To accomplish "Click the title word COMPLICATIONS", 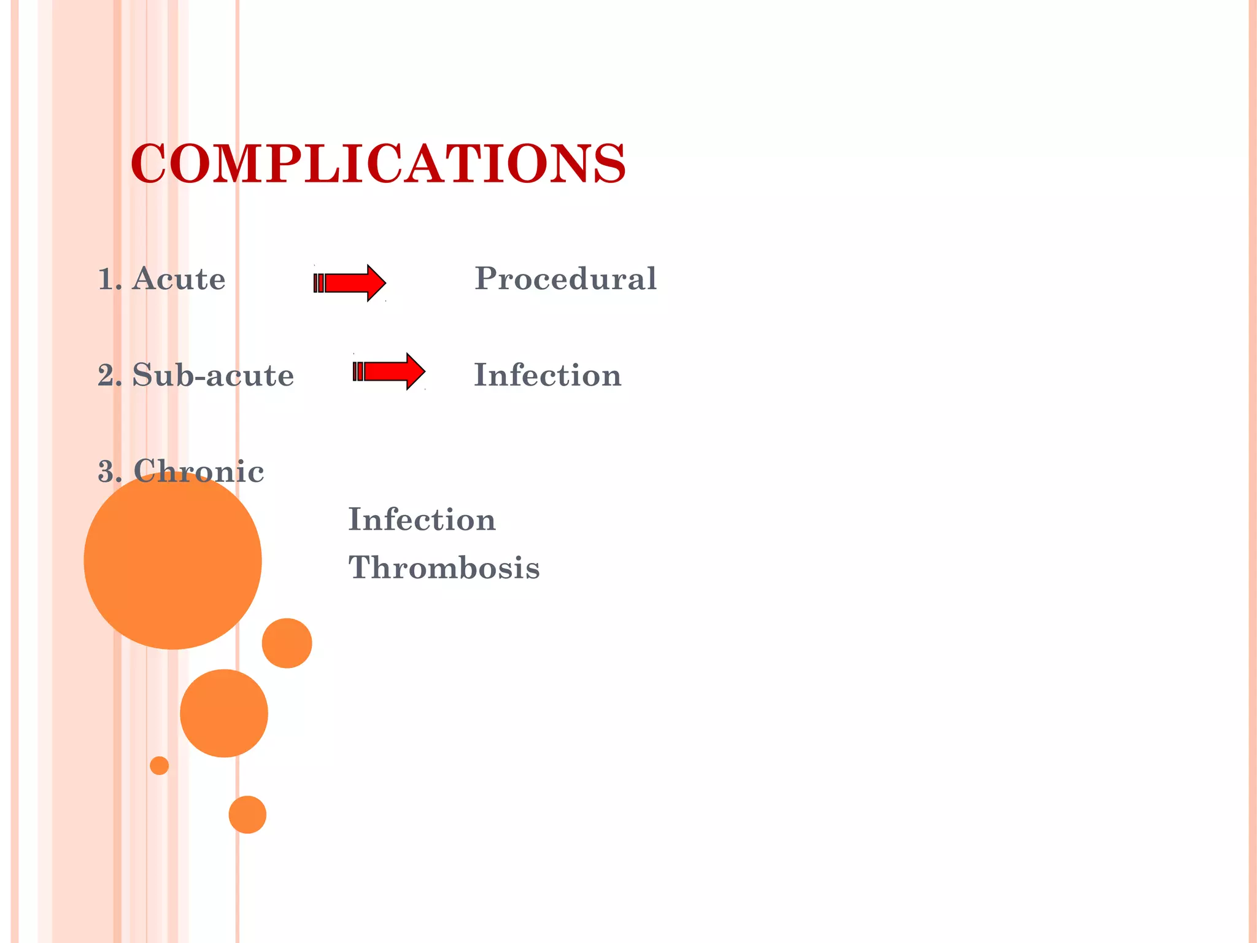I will pos(378,163).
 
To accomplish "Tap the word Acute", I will pos(179,279).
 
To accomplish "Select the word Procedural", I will pos(565,279).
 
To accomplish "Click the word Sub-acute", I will pos(213,375).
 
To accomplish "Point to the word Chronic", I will pos(198,471).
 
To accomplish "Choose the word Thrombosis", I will pos(444,567).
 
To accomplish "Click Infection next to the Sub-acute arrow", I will pos(547,375).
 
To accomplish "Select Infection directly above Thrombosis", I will pos(422,520).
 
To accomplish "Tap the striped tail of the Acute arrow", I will pos(319,283).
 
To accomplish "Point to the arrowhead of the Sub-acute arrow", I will pos(415,371).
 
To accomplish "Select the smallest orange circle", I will pos(159,766).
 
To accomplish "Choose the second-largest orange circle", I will pos(224,713).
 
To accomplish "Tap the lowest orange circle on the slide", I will pos(247,815).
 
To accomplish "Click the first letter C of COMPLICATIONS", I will pos(148,163).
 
